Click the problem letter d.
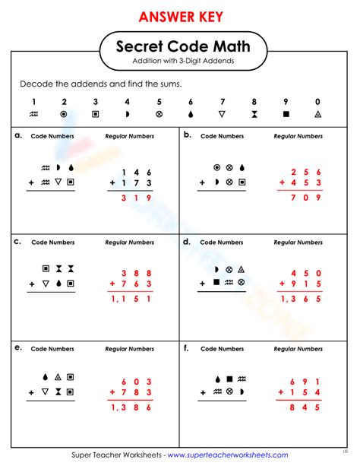187,242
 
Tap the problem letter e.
17,347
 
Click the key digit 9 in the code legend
286,101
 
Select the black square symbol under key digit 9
286,114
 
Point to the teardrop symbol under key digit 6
191,114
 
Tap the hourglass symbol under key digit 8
254,114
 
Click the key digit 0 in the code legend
317,101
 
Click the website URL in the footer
228,455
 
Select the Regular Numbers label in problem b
298,137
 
